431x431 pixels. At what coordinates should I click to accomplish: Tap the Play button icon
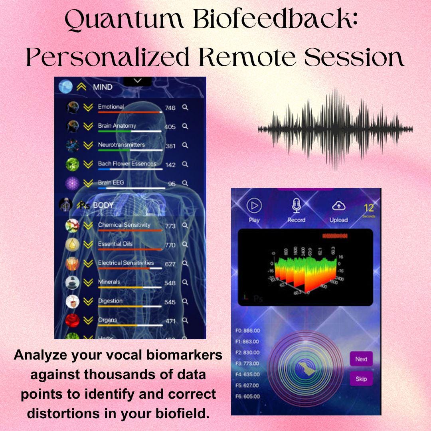click(x=254, y=206)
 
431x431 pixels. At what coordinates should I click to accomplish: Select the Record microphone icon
click(x=296, y=206)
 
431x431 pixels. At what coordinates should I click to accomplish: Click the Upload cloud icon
click(x=338, y=206)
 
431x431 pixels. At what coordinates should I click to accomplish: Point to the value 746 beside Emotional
click(x=170, y=108)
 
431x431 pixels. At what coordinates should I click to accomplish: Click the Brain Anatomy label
click(x=117, y=126)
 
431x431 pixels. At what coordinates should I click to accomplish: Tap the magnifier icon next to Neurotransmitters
click(x=185, y=145)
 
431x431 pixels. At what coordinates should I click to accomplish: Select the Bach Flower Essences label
click(x=127, y=164)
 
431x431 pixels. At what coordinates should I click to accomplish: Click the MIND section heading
click(x=103, y=87)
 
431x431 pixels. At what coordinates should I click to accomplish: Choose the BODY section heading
click(x=103, y=205)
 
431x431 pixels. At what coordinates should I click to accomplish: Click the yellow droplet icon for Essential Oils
click(x=72, y=244)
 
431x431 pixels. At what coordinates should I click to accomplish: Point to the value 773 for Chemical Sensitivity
click(x=170, y=226)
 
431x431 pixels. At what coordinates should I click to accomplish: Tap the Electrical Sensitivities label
click(x=126, y=263)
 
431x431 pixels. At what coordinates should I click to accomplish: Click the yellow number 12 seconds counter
click(x=369, y=208)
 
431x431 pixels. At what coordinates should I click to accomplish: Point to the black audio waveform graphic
click(x=335, y=129)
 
